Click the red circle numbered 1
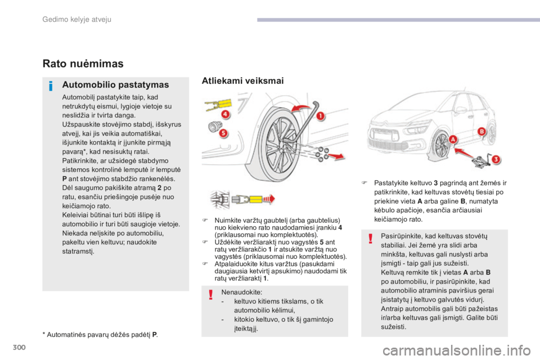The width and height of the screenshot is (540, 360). tap(321, 116)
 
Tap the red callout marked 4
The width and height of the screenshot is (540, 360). tap(225, 114)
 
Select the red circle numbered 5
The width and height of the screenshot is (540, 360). tap(223, 133)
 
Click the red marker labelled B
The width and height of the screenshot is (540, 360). tap(481, 132)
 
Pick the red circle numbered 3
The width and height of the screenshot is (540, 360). tap(495, 159)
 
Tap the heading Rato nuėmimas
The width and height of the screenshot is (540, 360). tap(82, 64)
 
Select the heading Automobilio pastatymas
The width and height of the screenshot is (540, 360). tap(115, 85)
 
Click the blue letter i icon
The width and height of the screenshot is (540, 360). tap(51, 85)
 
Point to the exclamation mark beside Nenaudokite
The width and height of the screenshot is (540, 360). tap(209, 294)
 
